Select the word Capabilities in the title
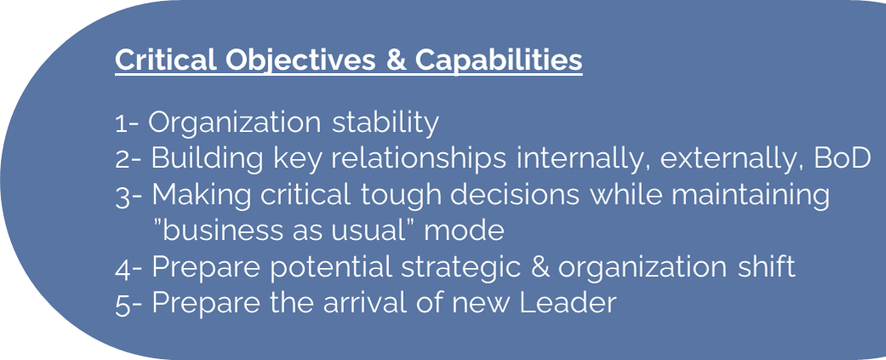click(x=499, y=60)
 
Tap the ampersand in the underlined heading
click(x=396, y=60)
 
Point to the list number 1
click(x=121, y=123)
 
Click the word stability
click(x=385, y=123)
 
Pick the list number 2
click(x=123, y=160)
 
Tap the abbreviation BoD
click(x=842, y=158)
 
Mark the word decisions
click(x=514, y=194)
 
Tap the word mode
click(x=464, y=230)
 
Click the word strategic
click(x=461, y=267)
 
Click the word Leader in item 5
click(x=567, y=302)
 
